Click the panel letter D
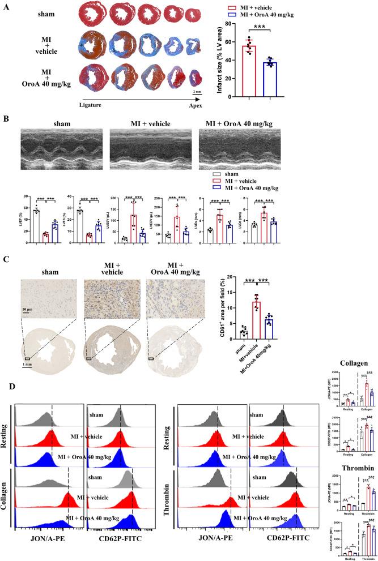point(7,407)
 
